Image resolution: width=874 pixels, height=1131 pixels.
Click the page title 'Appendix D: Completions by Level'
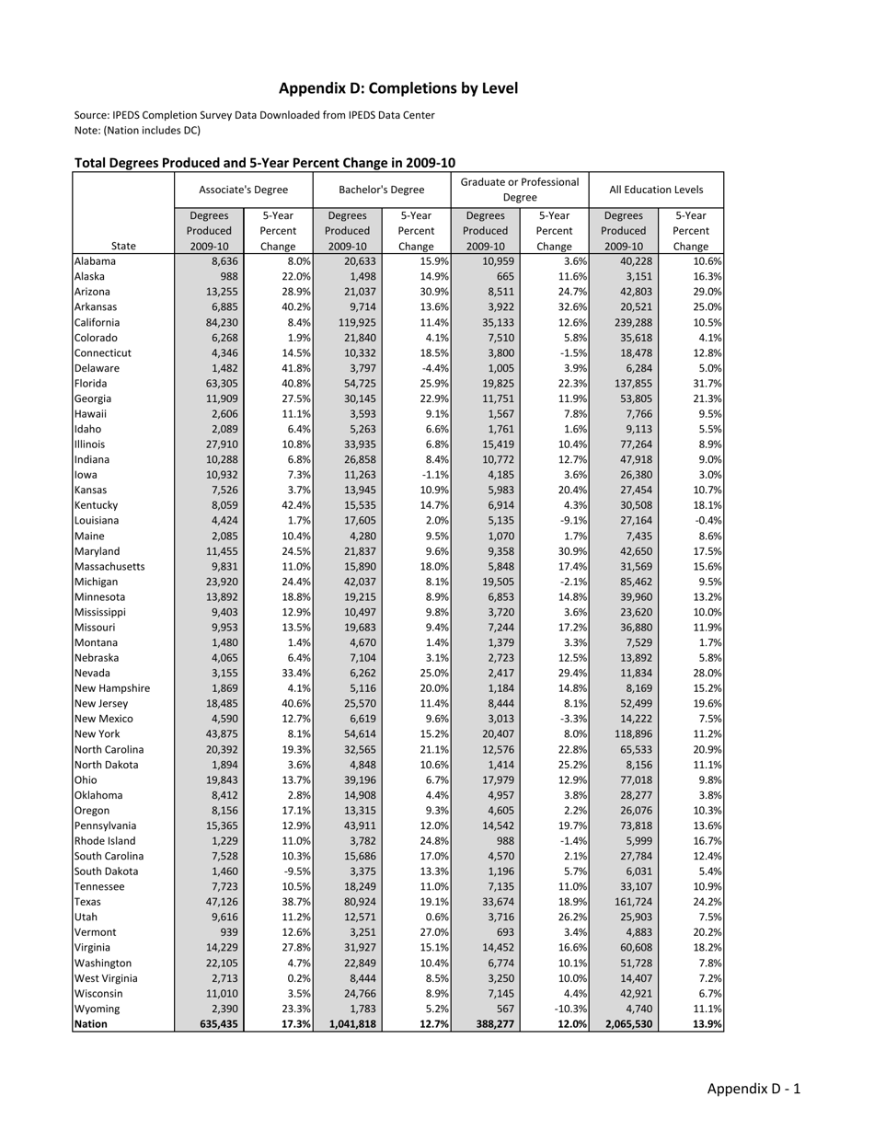click(398, 88)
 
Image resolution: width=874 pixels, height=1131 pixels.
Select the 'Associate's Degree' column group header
click(243, 190)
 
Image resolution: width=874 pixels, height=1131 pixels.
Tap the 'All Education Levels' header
click(655, 190)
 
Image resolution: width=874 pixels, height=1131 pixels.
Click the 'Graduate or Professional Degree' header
click(519, 190)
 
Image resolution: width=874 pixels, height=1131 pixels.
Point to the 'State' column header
click(123, 246)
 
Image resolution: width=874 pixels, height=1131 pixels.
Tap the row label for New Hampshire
click(111, 688)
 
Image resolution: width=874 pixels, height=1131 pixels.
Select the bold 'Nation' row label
click(90, 1023)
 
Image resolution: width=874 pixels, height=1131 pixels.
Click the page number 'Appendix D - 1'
click(753, 1089)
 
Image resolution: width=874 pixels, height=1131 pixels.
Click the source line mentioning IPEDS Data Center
click(254, 115)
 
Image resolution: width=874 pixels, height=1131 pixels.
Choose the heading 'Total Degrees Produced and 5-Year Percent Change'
click(264, 163)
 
